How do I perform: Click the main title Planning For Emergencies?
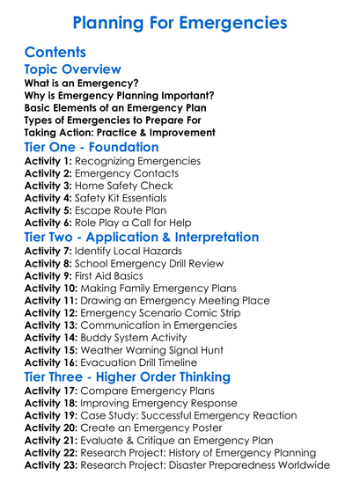tap(180, 21)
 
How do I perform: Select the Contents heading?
tap(55, 52)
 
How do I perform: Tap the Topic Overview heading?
tap(72, 69)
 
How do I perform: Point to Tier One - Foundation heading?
tap(92, 147)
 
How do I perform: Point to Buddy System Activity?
tap(143, 338)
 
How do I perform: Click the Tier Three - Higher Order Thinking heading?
tap(128, 377)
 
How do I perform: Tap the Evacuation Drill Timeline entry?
tap(151, 362)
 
